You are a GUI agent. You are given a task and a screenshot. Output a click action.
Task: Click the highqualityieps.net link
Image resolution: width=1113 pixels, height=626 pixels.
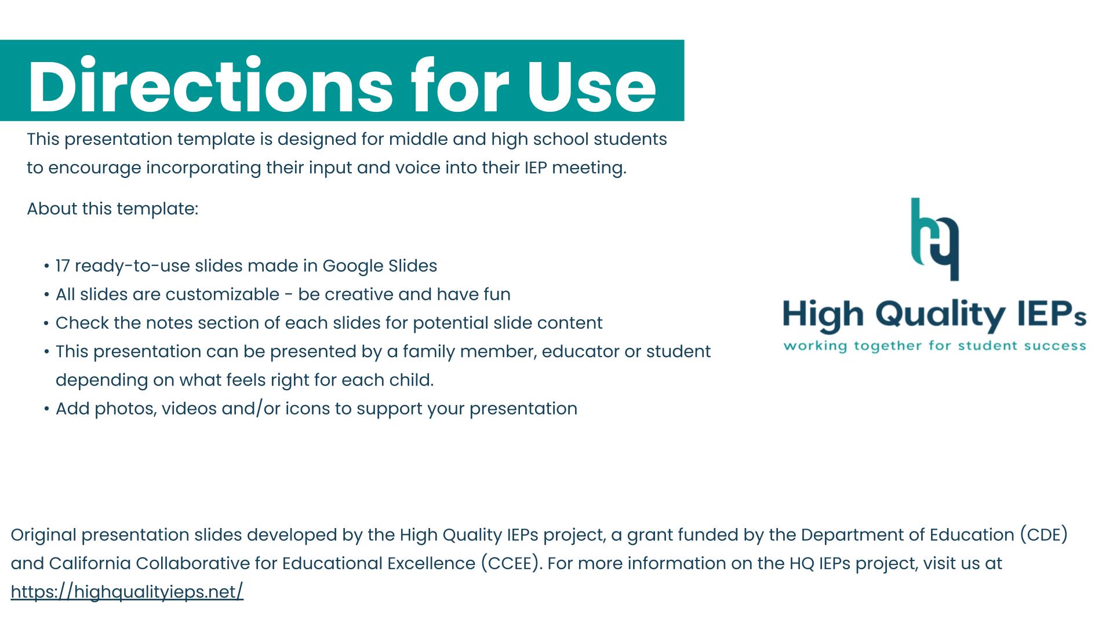click(127, 592)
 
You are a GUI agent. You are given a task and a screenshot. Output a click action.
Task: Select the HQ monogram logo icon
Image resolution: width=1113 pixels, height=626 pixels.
click(934, 239)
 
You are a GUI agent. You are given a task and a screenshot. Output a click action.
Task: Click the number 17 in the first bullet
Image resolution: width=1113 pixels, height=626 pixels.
click(63, 266)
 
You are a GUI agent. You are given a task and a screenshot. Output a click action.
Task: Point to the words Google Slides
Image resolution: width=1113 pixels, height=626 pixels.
click(380, 266)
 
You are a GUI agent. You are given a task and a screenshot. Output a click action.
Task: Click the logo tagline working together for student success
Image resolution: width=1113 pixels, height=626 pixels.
click(934, 346)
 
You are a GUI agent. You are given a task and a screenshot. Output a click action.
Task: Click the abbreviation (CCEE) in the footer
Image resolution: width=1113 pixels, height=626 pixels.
click(511, 563)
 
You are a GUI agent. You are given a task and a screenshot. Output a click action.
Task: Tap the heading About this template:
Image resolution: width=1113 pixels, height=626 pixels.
click(112, 209)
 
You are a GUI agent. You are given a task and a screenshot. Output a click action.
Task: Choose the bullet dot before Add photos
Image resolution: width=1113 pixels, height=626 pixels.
click(46, 409)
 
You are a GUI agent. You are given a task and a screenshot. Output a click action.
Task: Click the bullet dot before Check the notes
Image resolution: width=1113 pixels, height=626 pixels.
click(46, 323)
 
